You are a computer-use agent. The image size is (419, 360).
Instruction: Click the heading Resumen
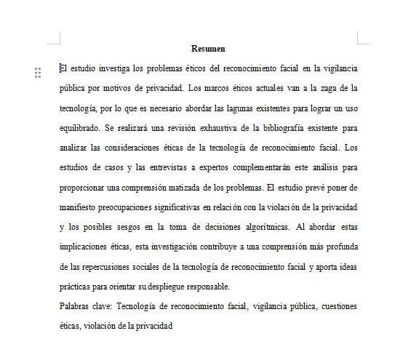208,49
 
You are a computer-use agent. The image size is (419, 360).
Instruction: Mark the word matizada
184,187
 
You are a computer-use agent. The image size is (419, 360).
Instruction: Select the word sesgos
128,226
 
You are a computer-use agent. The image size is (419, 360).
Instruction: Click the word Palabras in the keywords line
76,306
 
